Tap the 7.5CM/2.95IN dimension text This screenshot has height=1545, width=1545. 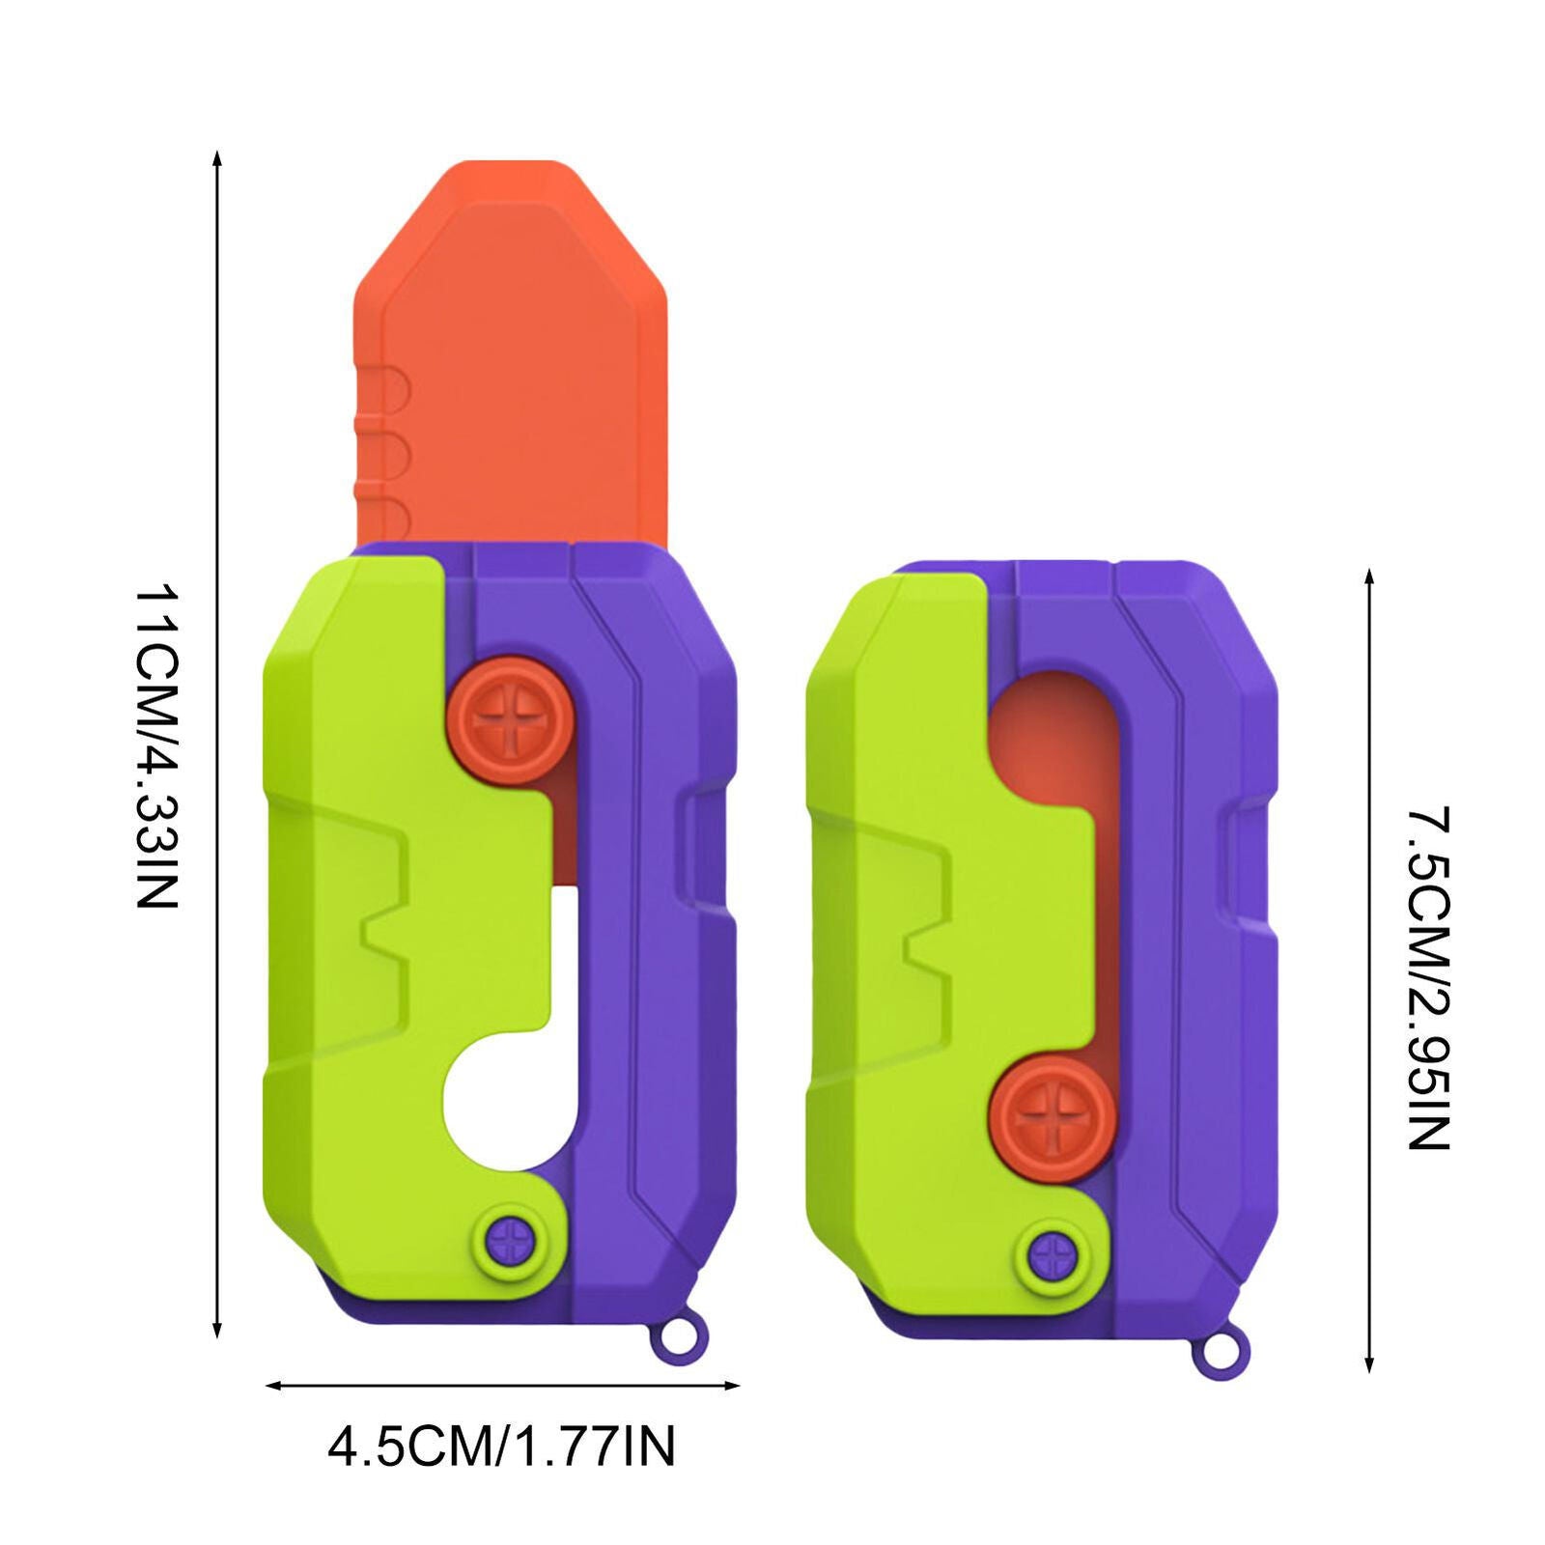(1427, 977)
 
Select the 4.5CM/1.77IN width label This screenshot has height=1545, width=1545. (501, 1447)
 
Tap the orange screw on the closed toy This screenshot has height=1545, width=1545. (1053, 1117)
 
